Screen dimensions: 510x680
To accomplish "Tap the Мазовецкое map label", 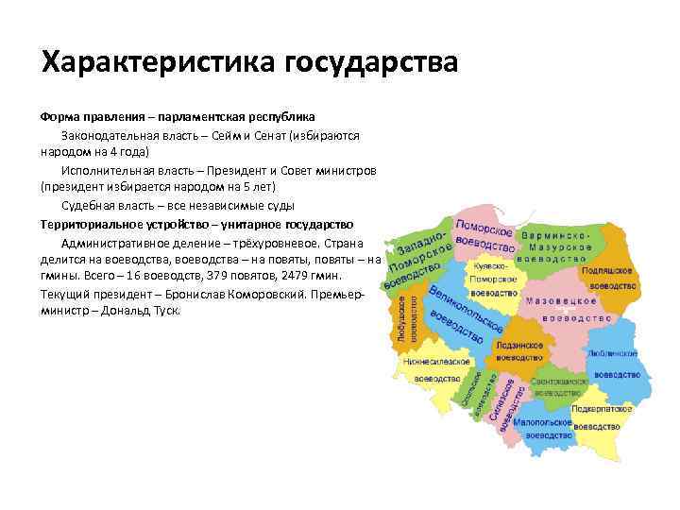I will point(563,300).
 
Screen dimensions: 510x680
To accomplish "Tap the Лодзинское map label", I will point(518,347).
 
